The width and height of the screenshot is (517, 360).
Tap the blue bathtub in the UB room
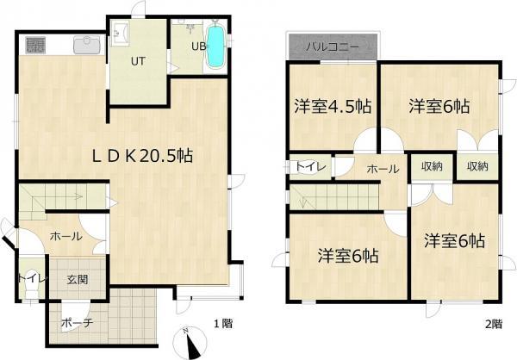(x=215, y=46)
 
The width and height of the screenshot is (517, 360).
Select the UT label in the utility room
(x=138, y=61)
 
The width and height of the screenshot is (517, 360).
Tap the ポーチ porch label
(x=77, y=323)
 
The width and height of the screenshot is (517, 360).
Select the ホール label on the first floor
(x=65, y=236)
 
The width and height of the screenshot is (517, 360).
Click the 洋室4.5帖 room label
(x=332, y=107)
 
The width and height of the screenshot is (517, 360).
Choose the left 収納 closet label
(x=433, y=166)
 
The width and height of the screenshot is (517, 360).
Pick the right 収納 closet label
(x=477, y=166)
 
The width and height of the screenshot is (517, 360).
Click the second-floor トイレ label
(x=310, y=167)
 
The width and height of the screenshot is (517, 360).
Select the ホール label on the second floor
(x=382, y=169)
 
